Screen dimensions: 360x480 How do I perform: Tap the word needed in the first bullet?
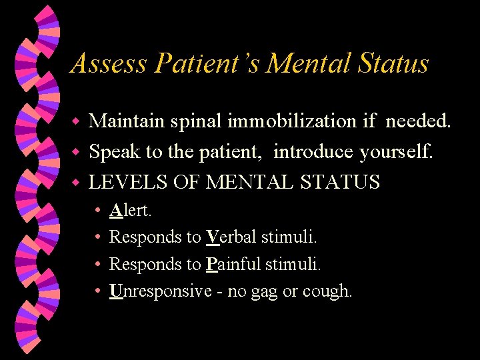click(419, 121)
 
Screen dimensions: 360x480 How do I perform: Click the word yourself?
click(397, 152)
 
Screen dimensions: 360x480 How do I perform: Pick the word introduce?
click(313, 152)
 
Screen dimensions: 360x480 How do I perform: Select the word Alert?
click(131, 211)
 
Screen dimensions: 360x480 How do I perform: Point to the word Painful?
click(233, 265)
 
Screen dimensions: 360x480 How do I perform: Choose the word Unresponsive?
click(159, 291)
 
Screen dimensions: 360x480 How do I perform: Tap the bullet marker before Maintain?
click(76, 122)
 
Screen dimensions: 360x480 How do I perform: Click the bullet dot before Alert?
click(97, 211)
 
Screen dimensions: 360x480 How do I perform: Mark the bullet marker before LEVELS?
click(76, 182)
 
